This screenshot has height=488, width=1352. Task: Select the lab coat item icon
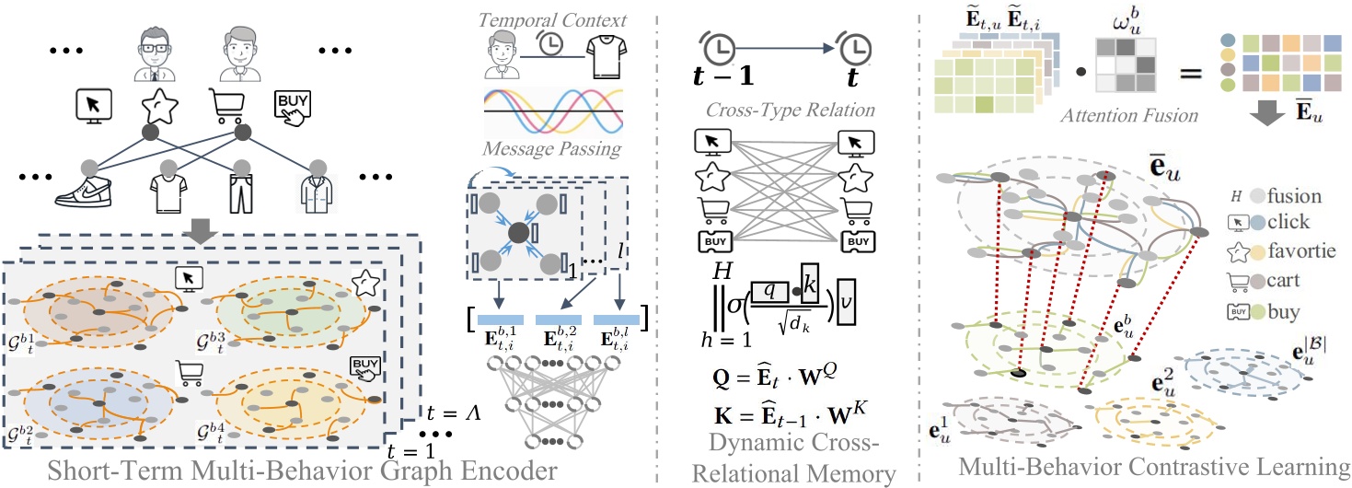point(317,199)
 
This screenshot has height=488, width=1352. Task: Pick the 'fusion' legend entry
point(1293,195)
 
